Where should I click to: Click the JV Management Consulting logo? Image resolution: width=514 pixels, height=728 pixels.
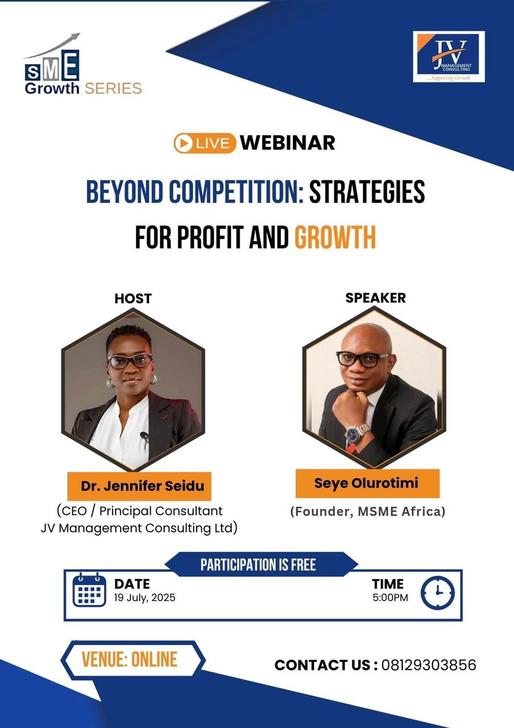point(449,56)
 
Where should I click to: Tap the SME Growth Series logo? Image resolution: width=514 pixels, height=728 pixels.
point(83,64)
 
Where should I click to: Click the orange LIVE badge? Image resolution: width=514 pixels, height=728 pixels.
point(205,143)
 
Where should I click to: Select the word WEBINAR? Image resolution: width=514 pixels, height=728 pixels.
point(288,143)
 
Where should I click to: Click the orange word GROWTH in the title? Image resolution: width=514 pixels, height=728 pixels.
point(335,237)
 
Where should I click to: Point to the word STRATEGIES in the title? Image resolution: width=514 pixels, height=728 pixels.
point(367,192)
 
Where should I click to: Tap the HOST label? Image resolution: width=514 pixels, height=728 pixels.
point(133,299)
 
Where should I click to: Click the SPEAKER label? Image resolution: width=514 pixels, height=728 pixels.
point(375,298)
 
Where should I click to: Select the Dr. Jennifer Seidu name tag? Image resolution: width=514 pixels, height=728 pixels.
point(139,486)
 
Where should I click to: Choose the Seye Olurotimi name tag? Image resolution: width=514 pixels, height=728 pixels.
point(367,483)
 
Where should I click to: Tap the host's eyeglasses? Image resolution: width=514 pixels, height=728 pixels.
point(130,361)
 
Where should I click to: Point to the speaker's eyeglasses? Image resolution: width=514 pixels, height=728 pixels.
point(363,359)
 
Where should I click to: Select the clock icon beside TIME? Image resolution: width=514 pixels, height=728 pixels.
point(437,593)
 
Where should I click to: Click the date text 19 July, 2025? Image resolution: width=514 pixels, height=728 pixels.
point(144,598)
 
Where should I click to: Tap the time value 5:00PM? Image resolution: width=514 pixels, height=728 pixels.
point(390,597)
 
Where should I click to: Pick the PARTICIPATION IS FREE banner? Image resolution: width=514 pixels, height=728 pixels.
point(258,565)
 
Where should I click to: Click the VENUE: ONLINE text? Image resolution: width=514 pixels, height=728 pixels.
point(129,659)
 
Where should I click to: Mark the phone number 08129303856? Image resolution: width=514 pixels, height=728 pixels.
point(429,665)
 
